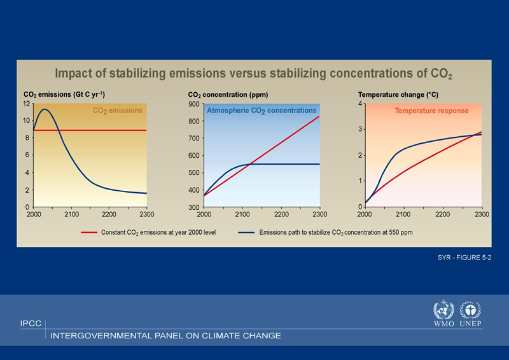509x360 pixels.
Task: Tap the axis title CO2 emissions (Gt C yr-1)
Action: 64,95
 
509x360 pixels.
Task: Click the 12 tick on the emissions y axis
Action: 27,104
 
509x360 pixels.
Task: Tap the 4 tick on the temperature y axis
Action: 361,104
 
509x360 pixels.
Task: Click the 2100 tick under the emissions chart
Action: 71,214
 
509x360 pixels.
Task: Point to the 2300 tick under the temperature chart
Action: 482,214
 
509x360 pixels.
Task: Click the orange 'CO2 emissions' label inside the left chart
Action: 118,111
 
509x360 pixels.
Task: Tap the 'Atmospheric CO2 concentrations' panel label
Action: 261,111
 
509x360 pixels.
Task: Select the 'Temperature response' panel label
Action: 431,111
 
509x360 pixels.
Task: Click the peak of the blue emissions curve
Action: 45,109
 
